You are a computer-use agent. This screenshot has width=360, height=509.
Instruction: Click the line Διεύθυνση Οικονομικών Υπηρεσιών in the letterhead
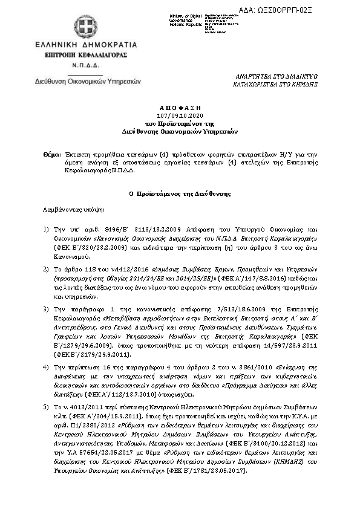(80, 80)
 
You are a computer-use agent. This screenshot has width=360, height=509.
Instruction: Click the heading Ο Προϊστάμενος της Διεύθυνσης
(180, 193)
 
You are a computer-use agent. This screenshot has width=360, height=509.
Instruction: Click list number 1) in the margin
(47, 230)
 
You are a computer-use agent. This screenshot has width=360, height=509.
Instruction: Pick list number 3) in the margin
(47, 309)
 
